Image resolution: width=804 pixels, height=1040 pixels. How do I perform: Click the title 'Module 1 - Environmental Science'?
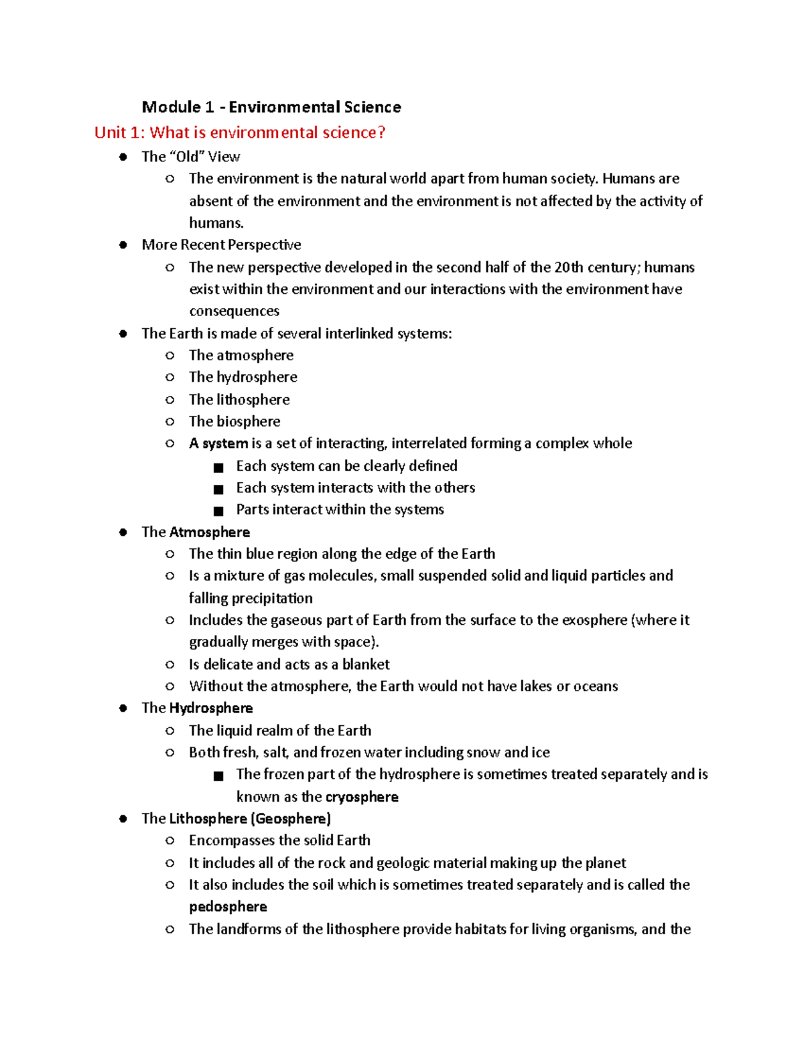pos(271,107)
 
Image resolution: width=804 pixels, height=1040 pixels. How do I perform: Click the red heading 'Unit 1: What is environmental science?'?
pos(240,133)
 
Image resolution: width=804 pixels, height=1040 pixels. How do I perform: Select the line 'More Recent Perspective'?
pos(221,244)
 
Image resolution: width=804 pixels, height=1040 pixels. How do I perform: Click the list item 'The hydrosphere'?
pos(243,377)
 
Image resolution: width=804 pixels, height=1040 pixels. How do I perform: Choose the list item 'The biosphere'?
pos(234,421)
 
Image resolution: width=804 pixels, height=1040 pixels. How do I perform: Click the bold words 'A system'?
pos(218,443)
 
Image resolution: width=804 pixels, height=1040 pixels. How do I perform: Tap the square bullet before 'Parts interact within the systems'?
pos(218,511)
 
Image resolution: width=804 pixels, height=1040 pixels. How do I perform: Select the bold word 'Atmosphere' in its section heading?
pos(210,532)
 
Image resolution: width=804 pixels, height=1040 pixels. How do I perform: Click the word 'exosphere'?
pos(594,620)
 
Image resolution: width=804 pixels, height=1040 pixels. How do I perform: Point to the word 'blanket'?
pos(366,664)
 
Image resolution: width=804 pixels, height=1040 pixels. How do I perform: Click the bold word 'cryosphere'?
pos(362,797)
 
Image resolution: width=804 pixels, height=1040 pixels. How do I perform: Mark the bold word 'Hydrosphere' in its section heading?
pos(211,708)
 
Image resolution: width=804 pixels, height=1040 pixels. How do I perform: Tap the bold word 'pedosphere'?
pos(228,907)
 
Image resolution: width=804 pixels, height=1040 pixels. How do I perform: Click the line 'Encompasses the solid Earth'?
pos(279,840)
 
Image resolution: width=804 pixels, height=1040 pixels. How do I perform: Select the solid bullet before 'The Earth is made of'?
pos(123,333)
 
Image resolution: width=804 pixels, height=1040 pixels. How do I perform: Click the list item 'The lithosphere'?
pos(239,400)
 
